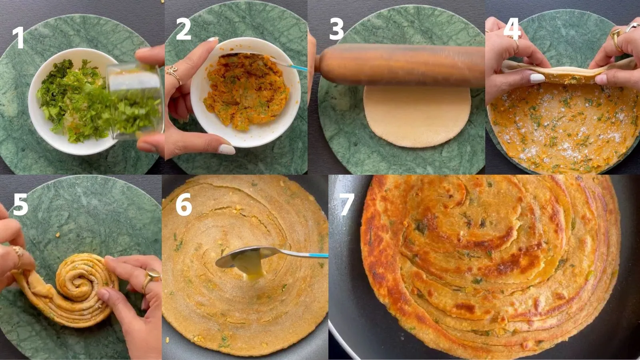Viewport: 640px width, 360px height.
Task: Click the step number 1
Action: click(x=18, y=38)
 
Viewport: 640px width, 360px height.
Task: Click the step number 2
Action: click(x=183, y=30)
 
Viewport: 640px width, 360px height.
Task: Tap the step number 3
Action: click(x=336, y=30)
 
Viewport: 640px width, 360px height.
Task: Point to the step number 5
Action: click(x=20, y=205)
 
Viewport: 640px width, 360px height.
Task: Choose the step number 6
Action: click(x=184, y=205)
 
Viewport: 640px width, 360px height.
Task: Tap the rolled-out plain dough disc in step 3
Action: click(x=417, y=116)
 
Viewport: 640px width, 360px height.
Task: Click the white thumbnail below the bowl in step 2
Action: click(x=227, y=150)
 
